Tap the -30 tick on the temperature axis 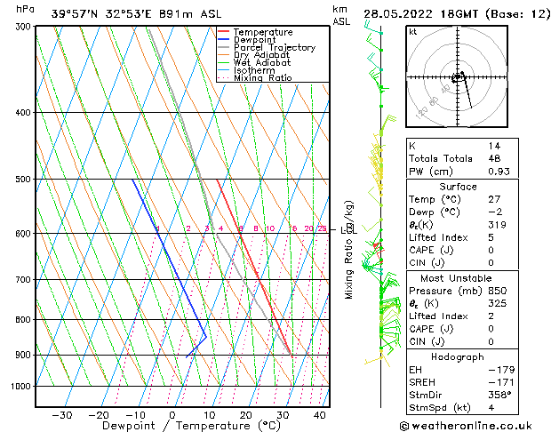click(x=62, y=415)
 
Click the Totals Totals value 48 click(x=494, y=158)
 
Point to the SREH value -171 click(x=499, y=381)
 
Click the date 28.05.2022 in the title click(x=399, y=13)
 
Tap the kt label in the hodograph click(x=412, y=32)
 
